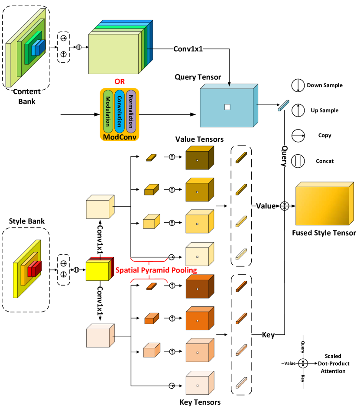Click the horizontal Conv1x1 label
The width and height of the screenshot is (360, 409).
[188, 49]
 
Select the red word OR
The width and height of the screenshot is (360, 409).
[120, 81]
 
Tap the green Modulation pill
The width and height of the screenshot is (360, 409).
[108, 111]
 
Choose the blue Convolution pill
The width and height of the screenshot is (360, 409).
[120, 111]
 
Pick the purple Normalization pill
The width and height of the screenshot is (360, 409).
[131, 111]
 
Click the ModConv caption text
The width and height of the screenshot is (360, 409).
[120, 137]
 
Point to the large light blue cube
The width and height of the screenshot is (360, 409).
[227, 107]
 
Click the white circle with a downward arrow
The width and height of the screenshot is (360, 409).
[298, 85]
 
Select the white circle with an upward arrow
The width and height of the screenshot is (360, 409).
[298, 110]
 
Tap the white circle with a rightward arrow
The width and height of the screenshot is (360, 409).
[298, 136]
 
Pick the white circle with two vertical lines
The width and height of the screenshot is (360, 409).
[298, 161]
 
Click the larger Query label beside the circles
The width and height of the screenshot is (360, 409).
[284, 156]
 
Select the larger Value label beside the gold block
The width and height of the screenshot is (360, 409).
[266, 206]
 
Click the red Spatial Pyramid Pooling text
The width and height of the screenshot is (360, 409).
[156, 270]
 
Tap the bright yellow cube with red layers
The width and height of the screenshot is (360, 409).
[97, 270]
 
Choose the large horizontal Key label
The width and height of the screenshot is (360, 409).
[268, 335]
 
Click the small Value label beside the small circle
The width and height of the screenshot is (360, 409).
[290, 363]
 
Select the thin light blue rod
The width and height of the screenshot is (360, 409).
[283, 106]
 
